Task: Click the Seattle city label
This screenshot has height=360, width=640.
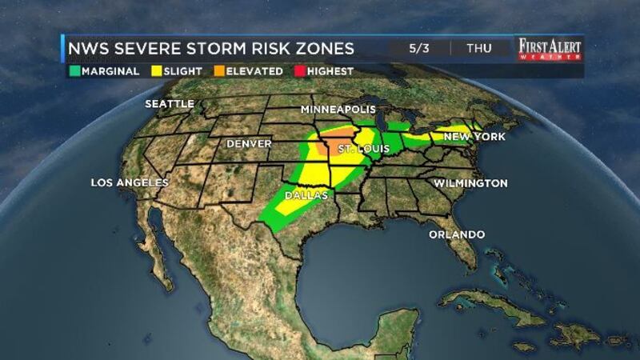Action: tap(169, 104)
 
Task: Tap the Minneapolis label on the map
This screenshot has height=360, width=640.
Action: tap(338, 109)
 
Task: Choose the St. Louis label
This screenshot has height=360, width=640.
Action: tap(358, 150)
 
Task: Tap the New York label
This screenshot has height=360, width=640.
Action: tap(474, 137)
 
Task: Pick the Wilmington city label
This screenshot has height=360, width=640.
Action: tap(470, 183)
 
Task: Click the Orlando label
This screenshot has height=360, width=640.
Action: tap(457, 234)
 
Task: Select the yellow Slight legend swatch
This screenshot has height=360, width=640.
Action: tap(156, 71)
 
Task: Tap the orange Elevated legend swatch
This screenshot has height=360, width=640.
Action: tap(219, 71)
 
